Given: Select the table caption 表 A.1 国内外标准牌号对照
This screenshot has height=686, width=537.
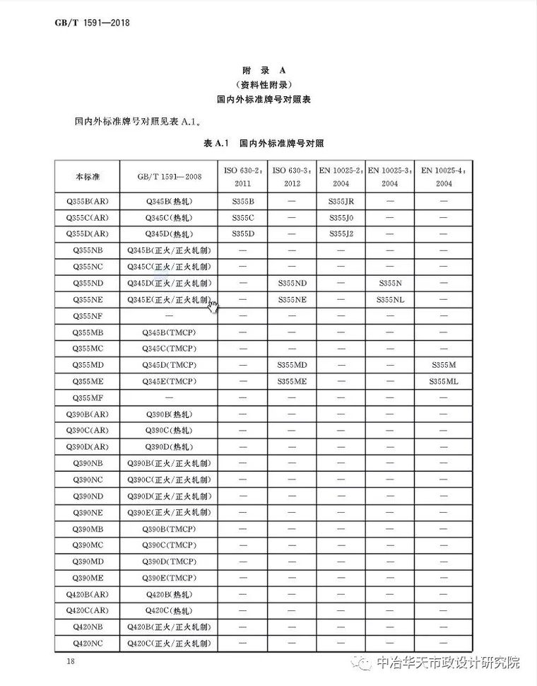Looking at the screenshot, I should click(263, 144).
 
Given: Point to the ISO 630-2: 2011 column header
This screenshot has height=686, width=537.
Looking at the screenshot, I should click(242, 176).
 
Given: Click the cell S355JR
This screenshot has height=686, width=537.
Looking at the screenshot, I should click(341, 202).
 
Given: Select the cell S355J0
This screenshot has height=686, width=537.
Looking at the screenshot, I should click(341, 218).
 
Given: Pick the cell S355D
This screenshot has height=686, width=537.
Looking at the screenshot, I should click(242, 234).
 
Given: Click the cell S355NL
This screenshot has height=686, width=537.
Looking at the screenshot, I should click(389, 300).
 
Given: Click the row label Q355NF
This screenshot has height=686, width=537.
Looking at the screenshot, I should click(87, 316).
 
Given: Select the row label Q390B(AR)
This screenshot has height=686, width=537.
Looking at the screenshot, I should click(87, 414).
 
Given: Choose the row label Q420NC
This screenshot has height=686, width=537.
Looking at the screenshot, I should click(87, 642).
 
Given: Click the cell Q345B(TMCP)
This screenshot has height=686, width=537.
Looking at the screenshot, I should click(168, 332).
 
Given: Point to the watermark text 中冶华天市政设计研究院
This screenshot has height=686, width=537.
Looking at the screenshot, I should click(447, 663).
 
